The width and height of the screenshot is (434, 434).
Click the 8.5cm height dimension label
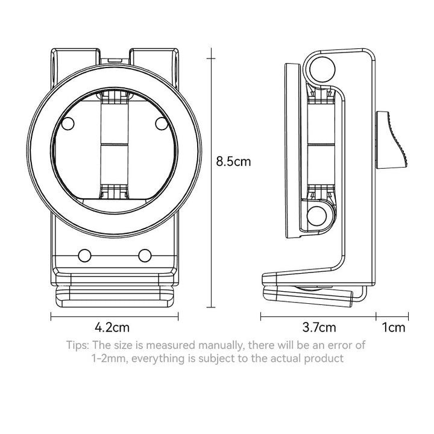tap(233, 162)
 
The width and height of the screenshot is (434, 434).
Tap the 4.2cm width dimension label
tap(112, 327)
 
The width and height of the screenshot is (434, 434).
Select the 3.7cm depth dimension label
tap(319, 327)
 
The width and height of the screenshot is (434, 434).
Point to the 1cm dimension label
tap(394, 327)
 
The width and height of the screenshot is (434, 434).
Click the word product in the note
tap(324, 359)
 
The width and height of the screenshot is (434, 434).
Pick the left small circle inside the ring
tap(68, 124)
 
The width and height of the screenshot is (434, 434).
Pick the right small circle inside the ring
tap(162, 124)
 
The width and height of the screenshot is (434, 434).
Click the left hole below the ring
tap(85, 256)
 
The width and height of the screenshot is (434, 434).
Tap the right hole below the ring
tap(145, 256)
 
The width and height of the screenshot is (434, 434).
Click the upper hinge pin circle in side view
tap(322, 69)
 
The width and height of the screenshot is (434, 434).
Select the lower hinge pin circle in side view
tap(318, 216)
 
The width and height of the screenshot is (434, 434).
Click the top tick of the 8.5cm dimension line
tap(211, 58)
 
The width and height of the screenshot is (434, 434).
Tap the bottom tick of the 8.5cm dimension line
tap(211, 307)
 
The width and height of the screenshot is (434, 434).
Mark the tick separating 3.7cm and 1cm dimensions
tap(376, 316)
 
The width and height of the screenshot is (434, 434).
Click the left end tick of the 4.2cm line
tap(51, 316)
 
